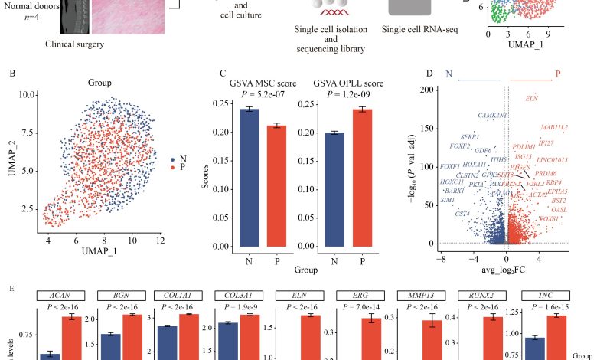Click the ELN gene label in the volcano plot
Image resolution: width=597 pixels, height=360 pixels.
532,98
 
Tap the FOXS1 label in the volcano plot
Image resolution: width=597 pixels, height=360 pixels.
549,219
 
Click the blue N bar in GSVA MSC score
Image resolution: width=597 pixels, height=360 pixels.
250,178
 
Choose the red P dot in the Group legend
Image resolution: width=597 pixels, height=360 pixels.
173,166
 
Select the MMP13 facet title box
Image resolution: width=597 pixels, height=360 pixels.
422,296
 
